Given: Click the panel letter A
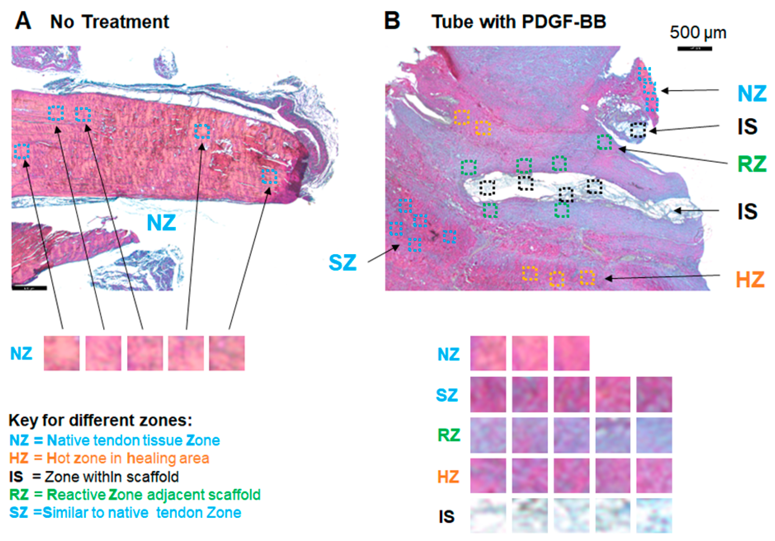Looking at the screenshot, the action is pos(23,21).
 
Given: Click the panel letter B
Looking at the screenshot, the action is pos(392,21).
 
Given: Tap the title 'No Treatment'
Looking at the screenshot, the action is pos(109,22).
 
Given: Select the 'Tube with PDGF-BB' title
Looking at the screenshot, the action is pos(519,22).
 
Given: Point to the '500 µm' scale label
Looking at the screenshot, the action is pos(698,33).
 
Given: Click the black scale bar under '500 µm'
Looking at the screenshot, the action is pos(695,49).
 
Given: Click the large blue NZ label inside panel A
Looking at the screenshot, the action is pos(161,223).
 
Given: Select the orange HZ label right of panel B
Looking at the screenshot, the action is pos(750,279).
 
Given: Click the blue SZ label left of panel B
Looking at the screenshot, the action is pos(343,262).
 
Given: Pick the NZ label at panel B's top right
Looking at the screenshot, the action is pos(752,93).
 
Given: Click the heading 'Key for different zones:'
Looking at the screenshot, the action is pos(100,420).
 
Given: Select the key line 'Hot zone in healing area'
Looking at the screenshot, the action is pos(109,458).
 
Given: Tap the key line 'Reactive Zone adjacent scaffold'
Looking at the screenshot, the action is pos(135,494).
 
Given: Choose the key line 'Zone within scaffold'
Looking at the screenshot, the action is pos(94,477).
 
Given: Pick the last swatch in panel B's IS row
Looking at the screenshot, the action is pos(654,515).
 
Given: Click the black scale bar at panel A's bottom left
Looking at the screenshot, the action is pos(29,288).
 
